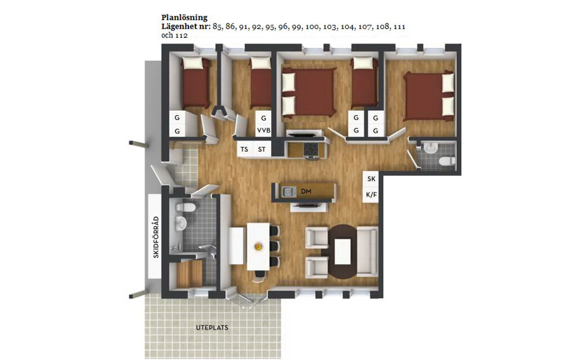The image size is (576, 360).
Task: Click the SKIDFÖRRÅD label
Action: click(156, 237)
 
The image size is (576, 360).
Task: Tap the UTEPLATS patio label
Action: click(212, 328)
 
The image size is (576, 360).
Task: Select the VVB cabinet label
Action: click(264, 130)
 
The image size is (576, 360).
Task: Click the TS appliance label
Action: click(244, 149)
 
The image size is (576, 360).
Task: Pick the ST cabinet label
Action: click(262, 149)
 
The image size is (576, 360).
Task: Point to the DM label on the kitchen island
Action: click(306, 191)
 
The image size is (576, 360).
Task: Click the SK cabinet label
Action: click(371, 179)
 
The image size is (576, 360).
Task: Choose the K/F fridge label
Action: click(371, 194)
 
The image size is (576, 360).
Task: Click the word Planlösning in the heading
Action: click(184, 17)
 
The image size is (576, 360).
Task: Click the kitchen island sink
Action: click(289, 191)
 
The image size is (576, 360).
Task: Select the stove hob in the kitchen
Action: click(310, 149)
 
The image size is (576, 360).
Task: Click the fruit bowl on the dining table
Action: click(259, 246)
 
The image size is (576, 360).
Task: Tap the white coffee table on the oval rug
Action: click(343, 251)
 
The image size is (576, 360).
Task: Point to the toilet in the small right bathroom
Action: click(447, 160)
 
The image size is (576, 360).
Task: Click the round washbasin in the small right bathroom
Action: click(429, 148)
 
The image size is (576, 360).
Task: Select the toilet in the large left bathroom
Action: click(185, 208)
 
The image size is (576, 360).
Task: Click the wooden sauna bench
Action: click(189, 274)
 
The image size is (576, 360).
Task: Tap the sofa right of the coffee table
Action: click(367, 251)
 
